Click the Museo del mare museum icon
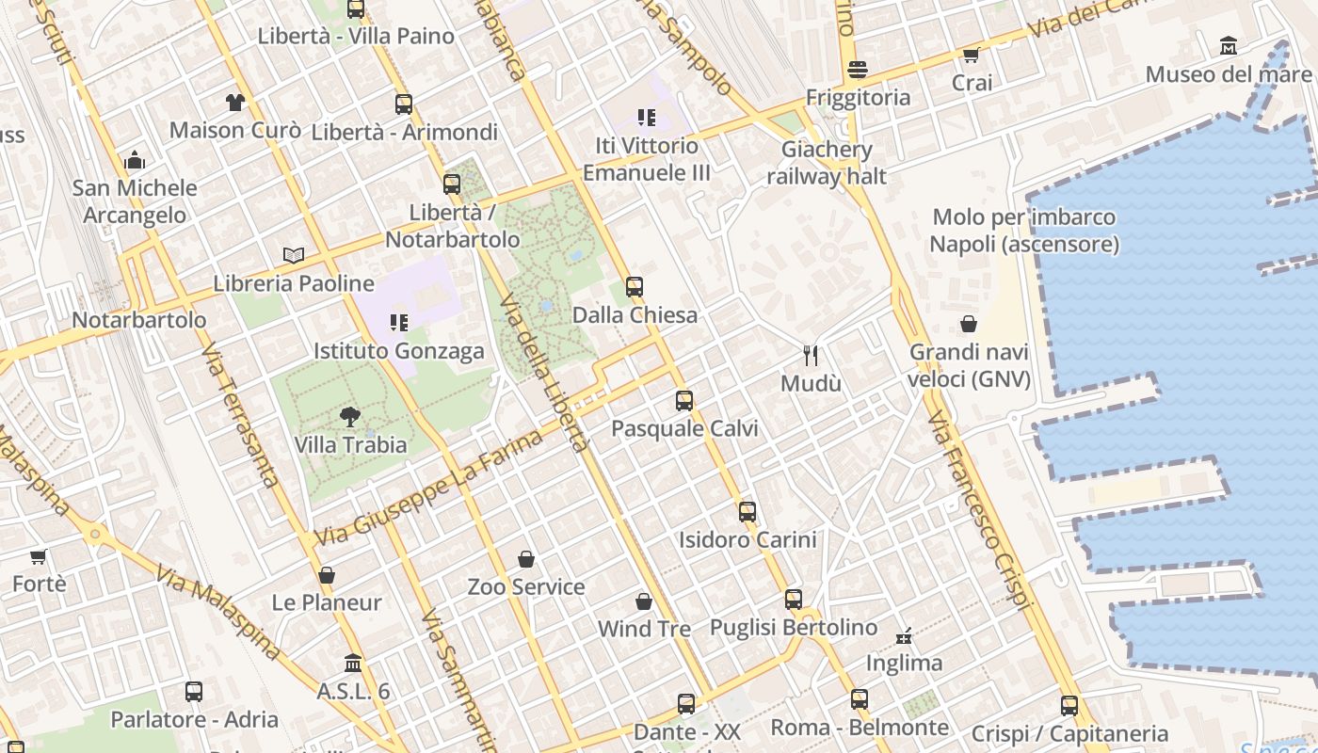click(x=1229, y=45)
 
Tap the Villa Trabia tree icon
click(x=350, y=416)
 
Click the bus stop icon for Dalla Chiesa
click(x=635, y=286)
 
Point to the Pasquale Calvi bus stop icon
click(x=684, y=400)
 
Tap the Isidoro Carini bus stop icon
click(x=747, y=511)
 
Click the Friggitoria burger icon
click(x=857, y=69)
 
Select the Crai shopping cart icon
click(x=972, y=55)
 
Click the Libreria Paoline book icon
click(x=294, y=254)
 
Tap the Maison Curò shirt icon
click(x=234, y=102)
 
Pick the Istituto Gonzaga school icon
click(x=398, y=323)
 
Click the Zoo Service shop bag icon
click(x=526, y=559)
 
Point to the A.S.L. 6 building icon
click(x=353, y=663)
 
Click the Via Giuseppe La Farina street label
click(x=428, y=488)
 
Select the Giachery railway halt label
click(x=827, y=163)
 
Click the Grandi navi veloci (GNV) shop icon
click(x=969, y=324)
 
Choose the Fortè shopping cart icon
click(x=39, y=556)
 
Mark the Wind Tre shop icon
click(x=644, y=601)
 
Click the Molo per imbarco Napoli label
click(x=1024, y=231)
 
